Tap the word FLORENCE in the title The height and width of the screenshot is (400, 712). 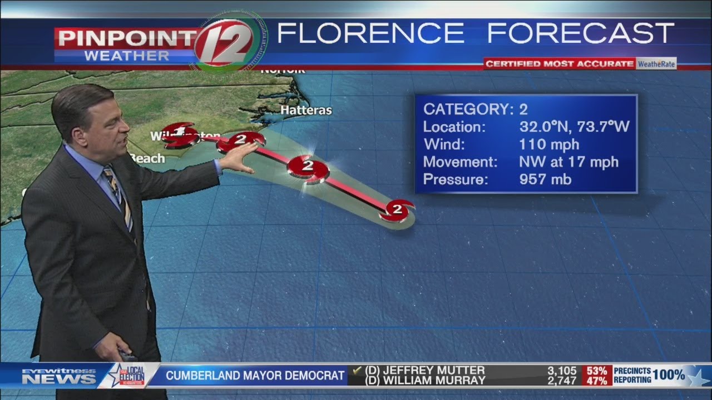pyautogui.click(x=370, y=34)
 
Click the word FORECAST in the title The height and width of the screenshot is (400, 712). pyautogui.click(x=581, y=34)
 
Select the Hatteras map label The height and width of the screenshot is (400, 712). pyautogui.click(x=306, y=111)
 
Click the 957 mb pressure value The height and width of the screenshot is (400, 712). pyautogui.click(x=545, y=179)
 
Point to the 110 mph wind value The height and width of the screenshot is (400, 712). pyautogui.click(x=549, y=144)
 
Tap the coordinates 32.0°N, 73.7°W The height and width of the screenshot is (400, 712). pyautogui.click(x=574, y=127)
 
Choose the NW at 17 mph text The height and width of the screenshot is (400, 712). pyautogui.click(x=568, y=162)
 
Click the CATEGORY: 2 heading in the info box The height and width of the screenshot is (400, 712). pyautogui.click(x=476, y=108)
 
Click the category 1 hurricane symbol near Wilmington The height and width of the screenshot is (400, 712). pyautogui.click(x=180, y=134)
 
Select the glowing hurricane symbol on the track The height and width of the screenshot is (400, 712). pyautogui.click(x=308, y=167)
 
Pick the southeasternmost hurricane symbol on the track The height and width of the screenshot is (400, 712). pyautogui.click(x=397, y=210)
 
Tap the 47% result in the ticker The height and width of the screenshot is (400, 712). pyautogui.click(x=596, y=381)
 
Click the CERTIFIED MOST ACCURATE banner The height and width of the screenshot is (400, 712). pyautogui.click(x=559, y=64)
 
